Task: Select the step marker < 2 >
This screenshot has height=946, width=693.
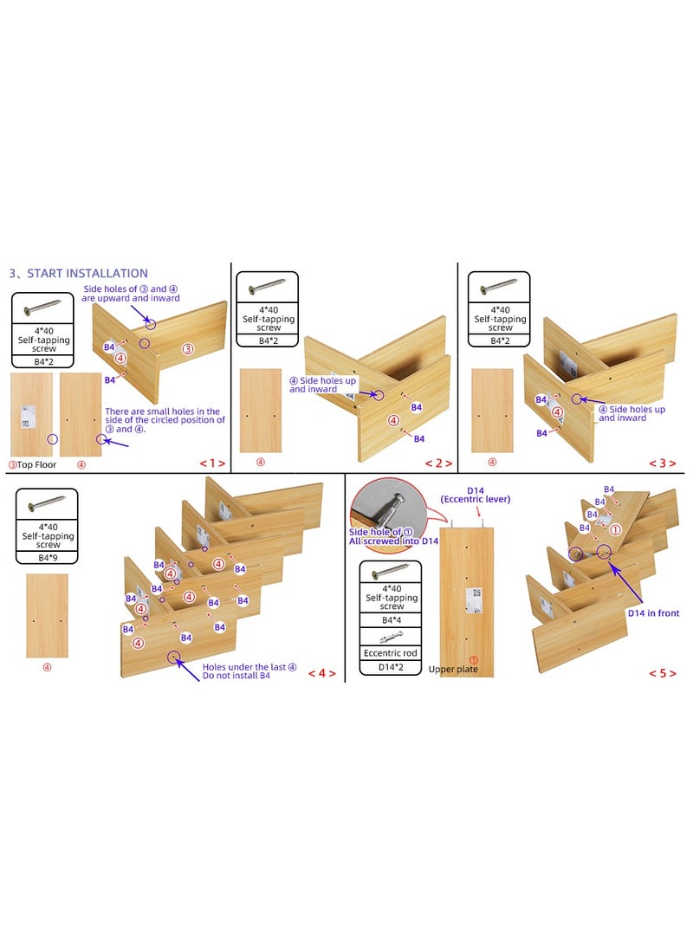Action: click(x=438, y=463)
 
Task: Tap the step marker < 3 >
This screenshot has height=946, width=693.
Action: click(x=663, y=463)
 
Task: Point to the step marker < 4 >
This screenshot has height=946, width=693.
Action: click(x=321, y=673)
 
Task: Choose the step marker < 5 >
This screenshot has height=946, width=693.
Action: click(x=663, y=673)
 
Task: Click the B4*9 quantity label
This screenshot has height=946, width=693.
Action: click(x=47, y=556)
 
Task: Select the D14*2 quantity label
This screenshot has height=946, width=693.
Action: click(x=391, y=667)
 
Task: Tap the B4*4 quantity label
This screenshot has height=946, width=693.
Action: click(x=391, y=620)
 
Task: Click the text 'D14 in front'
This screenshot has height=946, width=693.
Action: click(x=653, y=613)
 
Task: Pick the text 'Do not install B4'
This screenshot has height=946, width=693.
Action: click(x=236, y=676)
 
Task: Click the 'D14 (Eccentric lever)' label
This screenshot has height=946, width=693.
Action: click(x=476, y=495)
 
